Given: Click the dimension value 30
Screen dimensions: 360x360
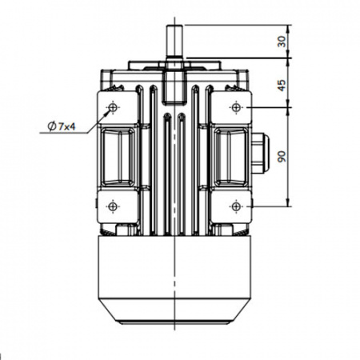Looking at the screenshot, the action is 282,42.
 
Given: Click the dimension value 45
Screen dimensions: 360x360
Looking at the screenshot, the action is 282,86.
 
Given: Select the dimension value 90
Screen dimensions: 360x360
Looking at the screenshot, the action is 282,157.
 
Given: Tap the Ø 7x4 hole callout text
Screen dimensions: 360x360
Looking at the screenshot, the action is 62,126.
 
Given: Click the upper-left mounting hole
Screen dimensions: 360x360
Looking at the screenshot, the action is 113,107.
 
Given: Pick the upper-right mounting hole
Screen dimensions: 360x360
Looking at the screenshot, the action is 235,107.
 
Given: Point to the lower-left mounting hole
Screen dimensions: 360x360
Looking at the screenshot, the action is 113,206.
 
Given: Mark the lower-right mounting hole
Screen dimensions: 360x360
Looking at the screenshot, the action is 235,206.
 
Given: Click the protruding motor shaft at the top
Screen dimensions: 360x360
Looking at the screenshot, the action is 174,42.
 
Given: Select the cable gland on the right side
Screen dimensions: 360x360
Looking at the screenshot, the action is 260,153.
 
